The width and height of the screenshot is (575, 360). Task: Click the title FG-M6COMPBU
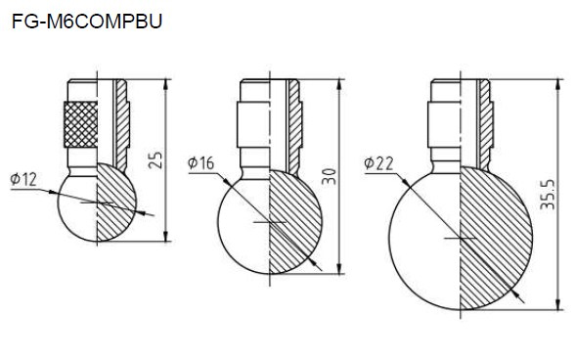pos(87,22)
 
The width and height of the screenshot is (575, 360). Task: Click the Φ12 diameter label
pos(23,179)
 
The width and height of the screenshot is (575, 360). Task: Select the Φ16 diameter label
pos(201,162)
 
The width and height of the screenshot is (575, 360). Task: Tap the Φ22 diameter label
pos(378,163)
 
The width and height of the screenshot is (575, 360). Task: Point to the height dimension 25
pos(155,160)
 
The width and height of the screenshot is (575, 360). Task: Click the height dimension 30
pos(329,176)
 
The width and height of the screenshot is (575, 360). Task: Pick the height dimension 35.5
pos(548,195)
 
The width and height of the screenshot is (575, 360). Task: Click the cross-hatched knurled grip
pos(80,124)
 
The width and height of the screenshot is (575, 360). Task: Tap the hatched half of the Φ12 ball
pos(116,202)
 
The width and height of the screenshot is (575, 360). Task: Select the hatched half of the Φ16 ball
pos(295,222)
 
